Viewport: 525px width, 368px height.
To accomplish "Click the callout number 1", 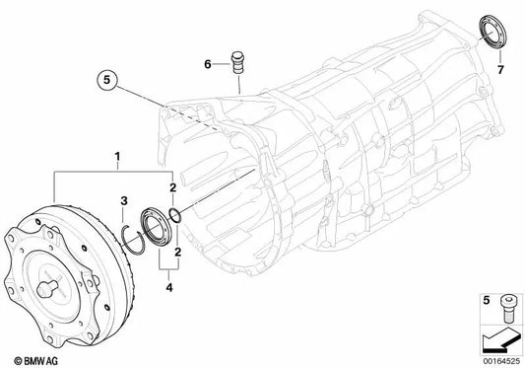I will tap(117, 157).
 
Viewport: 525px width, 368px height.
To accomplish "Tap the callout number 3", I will tap(123, 201).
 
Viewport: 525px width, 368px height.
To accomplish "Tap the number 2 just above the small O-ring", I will tap(173, 187).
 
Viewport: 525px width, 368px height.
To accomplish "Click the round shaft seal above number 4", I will tap(155, 222).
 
